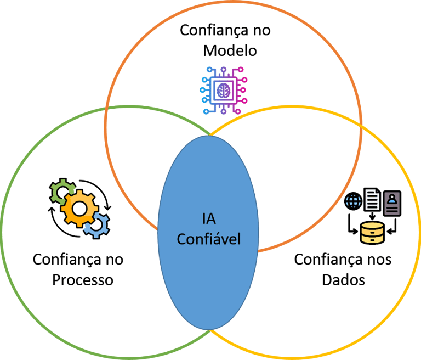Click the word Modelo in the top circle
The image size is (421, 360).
pyautogui.click(x=230, y=50)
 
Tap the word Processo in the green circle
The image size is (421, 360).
pyautogui.click(x=83, y=279)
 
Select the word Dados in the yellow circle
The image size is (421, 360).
pyautogui.click(x=343, y=279)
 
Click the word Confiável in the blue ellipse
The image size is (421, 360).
pyautogui.click(x=208, y=239)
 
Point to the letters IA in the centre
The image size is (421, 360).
pyautogui.click(x=208, y=220)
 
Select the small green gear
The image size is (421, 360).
pyautogui.click(x=59, y=190)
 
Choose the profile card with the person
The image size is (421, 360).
pyautogui.click(x=392, y=203)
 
